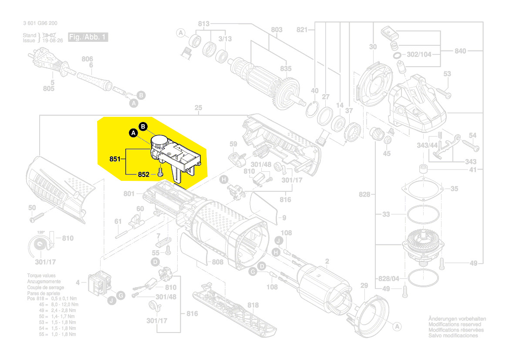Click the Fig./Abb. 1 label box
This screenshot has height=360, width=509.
(88, 37)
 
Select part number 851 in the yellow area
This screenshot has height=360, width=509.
(115, 160)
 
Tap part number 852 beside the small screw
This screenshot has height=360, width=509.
(144, 174)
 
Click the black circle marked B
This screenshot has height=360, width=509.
(143, 126)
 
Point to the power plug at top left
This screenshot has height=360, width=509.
(44, 61)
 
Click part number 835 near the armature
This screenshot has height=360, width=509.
(286, 69)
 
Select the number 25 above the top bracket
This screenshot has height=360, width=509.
(198, 108)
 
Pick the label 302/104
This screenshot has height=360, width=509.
(419, 55)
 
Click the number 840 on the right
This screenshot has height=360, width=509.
(460, 51)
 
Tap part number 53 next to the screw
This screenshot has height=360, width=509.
(447, 74)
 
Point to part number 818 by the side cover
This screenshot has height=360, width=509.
(253, 305)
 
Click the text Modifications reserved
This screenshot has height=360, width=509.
(455, 325)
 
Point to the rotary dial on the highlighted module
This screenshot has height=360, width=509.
(159, 141)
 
